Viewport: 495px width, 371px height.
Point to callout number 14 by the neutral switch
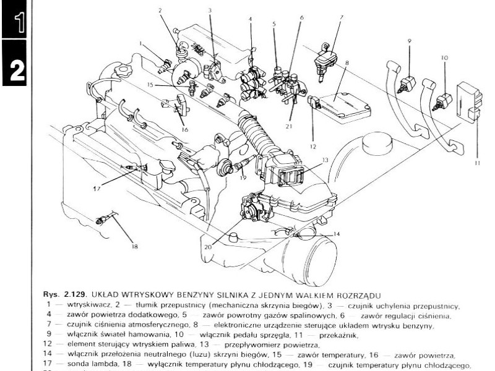coord(337,234)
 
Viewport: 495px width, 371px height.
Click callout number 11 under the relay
coord(478,164)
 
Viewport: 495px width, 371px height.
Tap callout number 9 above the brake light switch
coord(410,41)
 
